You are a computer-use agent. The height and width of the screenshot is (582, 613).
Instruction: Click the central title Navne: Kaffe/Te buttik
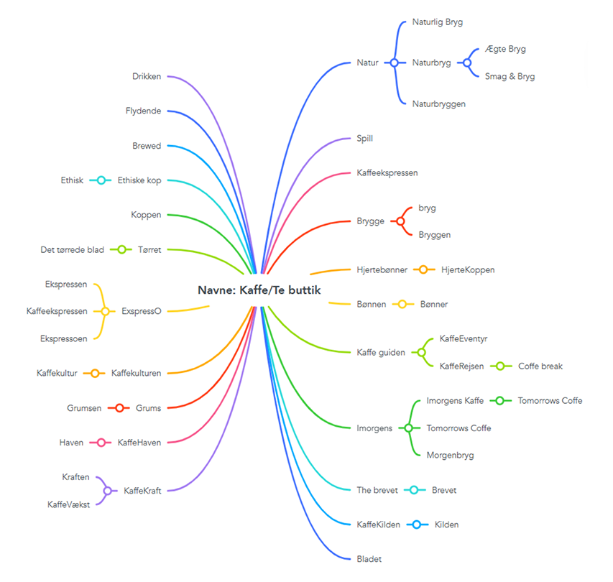(259, 290)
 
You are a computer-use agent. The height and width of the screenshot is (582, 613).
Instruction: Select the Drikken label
(147, 76)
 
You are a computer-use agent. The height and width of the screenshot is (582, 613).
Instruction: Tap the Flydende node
(143, 111)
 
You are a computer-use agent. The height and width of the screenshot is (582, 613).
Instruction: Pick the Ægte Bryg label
(505, 49)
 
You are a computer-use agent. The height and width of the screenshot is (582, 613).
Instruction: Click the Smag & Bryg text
(510, 77)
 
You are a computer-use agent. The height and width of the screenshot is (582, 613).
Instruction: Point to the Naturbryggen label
(438, 104)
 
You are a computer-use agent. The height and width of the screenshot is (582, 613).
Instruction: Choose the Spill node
(365, 139)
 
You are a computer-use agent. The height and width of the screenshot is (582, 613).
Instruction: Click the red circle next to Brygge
(400, 221)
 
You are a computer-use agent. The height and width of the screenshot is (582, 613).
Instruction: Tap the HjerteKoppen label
(468, 269)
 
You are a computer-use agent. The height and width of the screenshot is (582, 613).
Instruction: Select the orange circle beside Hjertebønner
(423, 269)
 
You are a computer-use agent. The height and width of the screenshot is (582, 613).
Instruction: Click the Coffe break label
(540, 366)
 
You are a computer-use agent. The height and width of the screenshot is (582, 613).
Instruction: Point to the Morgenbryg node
(450, 456)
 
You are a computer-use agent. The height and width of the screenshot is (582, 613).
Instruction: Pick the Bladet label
(369, 559)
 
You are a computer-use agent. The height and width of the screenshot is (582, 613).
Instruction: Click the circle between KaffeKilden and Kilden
(417, 525)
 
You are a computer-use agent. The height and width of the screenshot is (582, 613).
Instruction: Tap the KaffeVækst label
(68, 504)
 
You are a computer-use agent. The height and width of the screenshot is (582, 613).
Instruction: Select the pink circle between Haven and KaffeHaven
(101, 443)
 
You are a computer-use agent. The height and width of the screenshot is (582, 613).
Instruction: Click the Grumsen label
(84, 408)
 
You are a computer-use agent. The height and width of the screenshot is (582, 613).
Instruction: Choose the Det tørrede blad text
(73, 250)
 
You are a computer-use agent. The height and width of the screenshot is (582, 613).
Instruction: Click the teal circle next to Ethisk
(101, 180)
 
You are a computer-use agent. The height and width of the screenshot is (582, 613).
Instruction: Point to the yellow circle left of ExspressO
(105, 311)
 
